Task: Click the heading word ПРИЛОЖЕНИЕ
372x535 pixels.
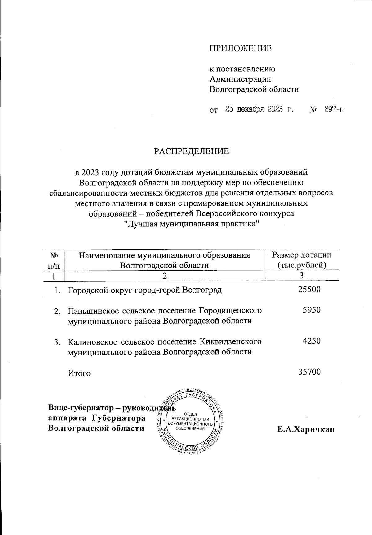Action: (241, 48)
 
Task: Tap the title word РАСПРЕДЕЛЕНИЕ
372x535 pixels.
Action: (192, 151)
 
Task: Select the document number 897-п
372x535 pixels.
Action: (334, 109)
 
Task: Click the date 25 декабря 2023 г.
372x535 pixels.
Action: (259, 109)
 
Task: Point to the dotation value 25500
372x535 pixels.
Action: (309, 290)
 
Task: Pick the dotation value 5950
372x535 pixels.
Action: (312, 310)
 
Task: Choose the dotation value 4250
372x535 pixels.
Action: (312, 341)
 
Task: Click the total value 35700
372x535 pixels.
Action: (309, 372)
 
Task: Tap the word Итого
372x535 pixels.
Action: (79, 373)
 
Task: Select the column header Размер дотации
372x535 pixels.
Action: (302, 255)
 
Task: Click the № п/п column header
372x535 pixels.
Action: (54, 260)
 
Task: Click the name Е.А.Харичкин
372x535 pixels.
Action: (306, 430)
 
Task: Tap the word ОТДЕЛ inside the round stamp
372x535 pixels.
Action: (190, 414)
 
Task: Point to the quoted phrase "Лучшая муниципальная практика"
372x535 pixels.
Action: (191, 224)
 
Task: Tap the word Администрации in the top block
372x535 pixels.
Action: (240, 79)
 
